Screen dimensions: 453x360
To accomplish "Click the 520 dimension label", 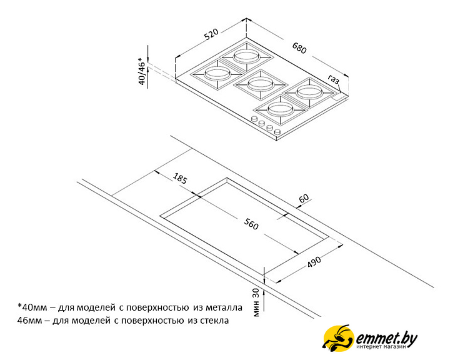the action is click(x=211, y=34).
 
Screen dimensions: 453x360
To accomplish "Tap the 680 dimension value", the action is click(x=299, y=48).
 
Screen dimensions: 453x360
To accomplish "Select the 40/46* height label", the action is click(x=142, y=71).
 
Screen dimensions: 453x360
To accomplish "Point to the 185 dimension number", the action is click(x=180, y=178).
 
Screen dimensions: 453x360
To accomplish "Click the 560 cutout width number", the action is click(x=251, y=224).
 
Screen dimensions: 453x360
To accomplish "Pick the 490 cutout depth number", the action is click(x=314, y=261).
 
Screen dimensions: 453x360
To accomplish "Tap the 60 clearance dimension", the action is click(x=304, y=199).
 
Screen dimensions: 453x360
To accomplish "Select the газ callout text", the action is click(x=334, y=79).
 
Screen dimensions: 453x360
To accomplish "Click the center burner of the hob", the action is click(x=260, y=84).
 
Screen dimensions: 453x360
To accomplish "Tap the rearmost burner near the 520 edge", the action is click(x=246, y=56).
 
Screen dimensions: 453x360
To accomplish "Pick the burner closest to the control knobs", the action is click(x=281, y=109).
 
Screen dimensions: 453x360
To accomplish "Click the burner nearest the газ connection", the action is click(x=309, y=92).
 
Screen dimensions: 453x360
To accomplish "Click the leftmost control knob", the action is click(x=254, y=119).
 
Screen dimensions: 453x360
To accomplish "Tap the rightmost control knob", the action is click(x=277, y=132).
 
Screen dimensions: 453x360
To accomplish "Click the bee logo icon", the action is click(x=338, y=338).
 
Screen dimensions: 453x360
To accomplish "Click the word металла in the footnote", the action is click(x=224, y=307).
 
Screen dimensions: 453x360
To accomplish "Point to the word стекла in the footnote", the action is click(x=214, y=321).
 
